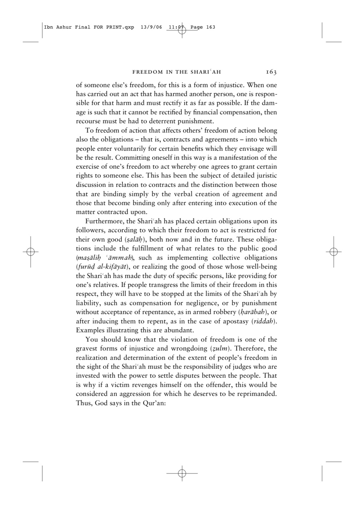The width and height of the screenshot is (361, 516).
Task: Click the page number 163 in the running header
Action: tap(271, 72)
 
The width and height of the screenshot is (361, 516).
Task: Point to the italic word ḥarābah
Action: tap(252, 312)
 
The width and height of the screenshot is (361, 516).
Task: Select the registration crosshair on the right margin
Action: tap(334, 252)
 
